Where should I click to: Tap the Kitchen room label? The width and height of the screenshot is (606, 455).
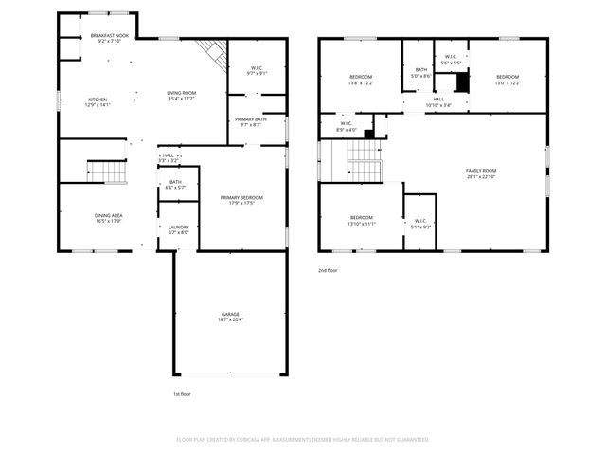tap(98, 102)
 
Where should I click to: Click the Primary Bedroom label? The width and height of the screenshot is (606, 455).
tap(241, 200)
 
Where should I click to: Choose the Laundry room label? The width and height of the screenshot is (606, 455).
tap(178, 229)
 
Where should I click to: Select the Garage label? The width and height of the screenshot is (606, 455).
tap(230, 317)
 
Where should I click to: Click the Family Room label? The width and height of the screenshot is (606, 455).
tap(481, 173)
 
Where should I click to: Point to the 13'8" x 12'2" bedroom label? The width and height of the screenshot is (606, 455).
tap(361, 80)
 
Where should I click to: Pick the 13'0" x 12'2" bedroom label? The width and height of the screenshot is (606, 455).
tap(508, 80)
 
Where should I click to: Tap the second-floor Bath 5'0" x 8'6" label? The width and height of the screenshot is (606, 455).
tap(421, 72)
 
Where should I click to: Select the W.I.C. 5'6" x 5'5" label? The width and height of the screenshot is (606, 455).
tap(450, 59)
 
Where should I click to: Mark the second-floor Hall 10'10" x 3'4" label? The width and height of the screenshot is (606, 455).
tap(438, 101)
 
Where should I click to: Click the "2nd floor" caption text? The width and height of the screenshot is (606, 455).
tap(329, 270)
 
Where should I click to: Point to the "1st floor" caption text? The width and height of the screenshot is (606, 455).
tap(183, 392)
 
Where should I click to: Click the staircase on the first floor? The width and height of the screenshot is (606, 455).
tap(107, 172)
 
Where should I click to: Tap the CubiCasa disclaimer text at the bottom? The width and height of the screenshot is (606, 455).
tap(303, 439)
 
